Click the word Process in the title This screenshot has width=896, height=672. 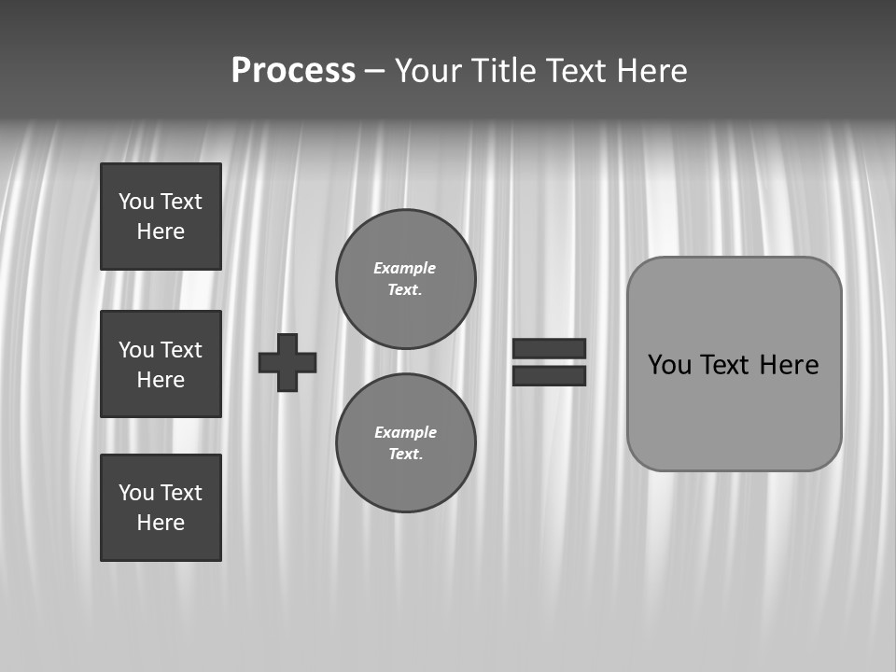pos(293,71)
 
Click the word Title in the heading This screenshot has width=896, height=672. pos(502,71)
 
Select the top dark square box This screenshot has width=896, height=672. pos(161,217)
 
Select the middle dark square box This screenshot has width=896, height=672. pos(161,364)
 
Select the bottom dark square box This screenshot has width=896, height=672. pos(161,508)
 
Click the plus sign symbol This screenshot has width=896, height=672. pos(287,362)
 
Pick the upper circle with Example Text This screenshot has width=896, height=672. pos(405,279)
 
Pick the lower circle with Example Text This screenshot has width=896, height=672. pos(405,442)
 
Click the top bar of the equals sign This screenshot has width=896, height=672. pos(549,348)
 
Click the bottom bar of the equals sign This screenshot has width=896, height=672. pos(549,375)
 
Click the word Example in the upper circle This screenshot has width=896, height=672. pos(404,268)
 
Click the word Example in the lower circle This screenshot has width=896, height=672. pos(405,432)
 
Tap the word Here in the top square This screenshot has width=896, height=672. pos(161,231)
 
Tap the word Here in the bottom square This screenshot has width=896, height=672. pos(161,523)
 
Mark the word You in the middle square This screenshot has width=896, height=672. pos(136,350)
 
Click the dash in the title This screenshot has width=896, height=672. pos(374,71)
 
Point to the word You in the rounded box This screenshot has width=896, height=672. pos(669,365)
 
